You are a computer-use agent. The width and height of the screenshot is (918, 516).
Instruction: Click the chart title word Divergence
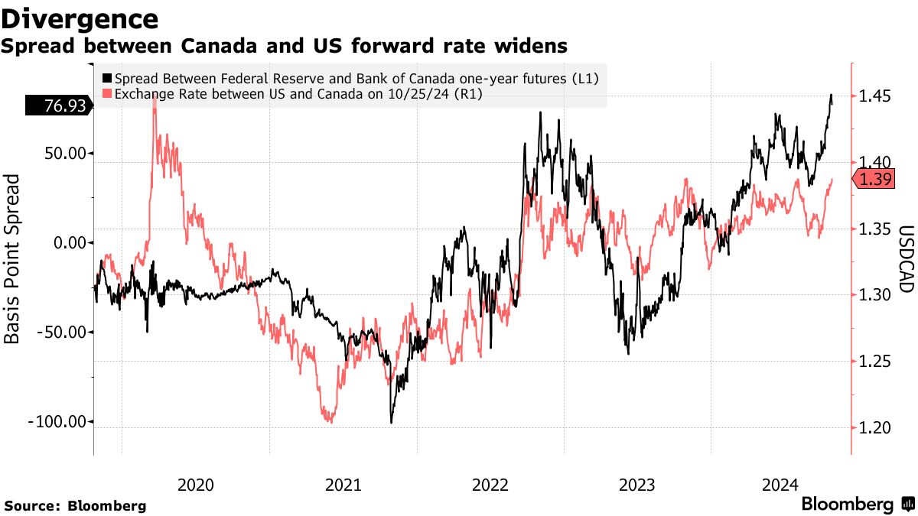[80, 18]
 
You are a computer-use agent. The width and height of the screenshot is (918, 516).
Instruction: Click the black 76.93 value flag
[58, 106]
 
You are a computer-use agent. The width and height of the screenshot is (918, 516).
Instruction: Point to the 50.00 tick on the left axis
[62, 153]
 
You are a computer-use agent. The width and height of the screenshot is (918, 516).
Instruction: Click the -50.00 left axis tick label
[60, 332]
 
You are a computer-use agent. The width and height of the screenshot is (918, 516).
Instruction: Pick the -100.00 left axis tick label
[55, 421]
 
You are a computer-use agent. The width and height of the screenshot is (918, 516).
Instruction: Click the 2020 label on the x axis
[195, 485]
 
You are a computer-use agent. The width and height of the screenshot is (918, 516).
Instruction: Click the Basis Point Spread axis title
[13, 258]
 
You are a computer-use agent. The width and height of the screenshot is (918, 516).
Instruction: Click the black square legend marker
[106, 79]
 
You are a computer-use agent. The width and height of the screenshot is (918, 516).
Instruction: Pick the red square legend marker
[106, 93]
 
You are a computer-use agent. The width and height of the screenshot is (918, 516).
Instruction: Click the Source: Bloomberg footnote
[75, 506]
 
